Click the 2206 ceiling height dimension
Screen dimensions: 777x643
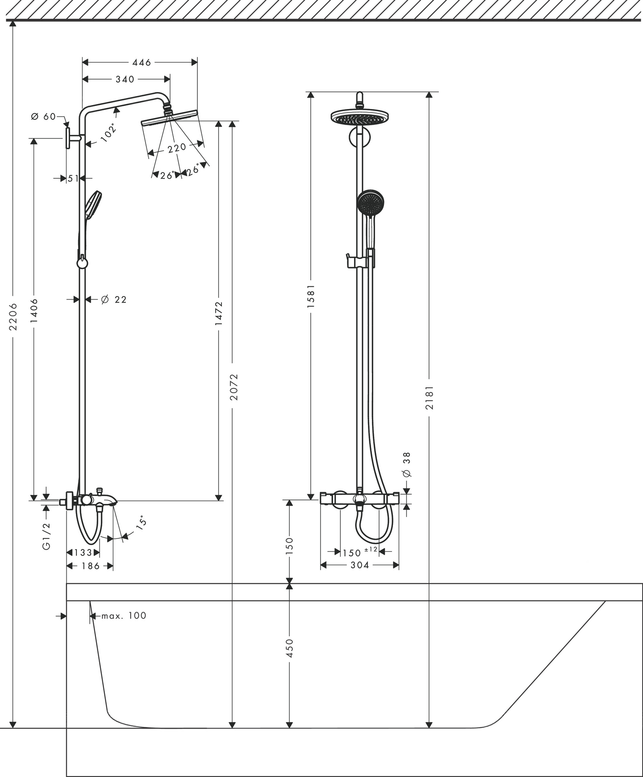[13, 317]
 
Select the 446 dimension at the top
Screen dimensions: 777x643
[142, 63]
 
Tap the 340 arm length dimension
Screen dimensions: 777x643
[125, 79]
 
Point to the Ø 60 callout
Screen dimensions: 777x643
[43, 117]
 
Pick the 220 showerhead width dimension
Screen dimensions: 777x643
[177, 147]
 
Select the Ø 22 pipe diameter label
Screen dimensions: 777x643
[114, 299]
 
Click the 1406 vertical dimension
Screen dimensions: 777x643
[34, 311]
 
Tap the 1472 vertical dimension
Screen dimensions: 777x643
[219, 313]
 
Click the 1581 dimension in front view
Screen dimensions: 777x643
[311, 296]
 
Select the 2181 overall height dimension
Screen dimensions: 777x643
[429, 398]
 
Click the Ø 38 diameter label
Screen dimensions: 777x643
[406, 465]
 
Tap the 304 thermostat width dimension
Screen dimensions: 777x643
[359, 565]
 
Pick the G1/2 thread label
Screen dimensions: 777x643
[46, 536]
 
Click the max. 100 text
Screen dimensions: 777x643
[124, 616]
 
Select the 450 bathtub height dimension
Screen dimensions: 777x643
[289, 648]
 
